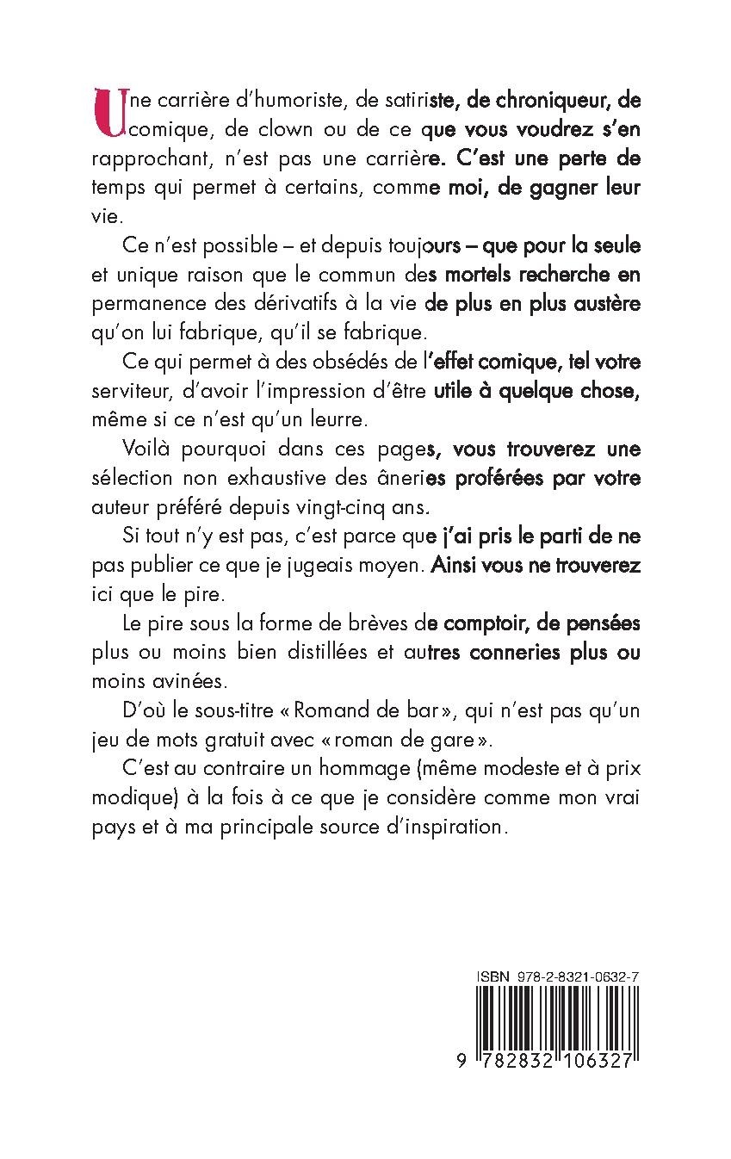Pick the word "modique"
tap(127, 798)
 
